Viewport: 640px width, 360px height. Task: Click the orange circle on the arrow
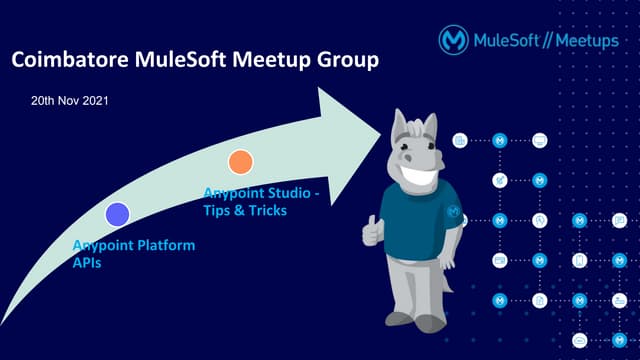click(x=240, y=161)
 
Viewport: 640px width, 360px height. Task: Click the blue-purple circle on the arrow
click(x=118, y=213)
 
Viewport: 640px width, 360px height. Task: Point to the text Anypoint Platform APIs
click(x=132, y=253)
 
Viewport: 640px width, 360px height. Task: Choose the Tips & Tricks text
click(x=244, y=211)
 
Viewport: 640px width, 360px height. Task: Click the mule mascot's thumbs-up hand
click(x=373, y=231)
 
